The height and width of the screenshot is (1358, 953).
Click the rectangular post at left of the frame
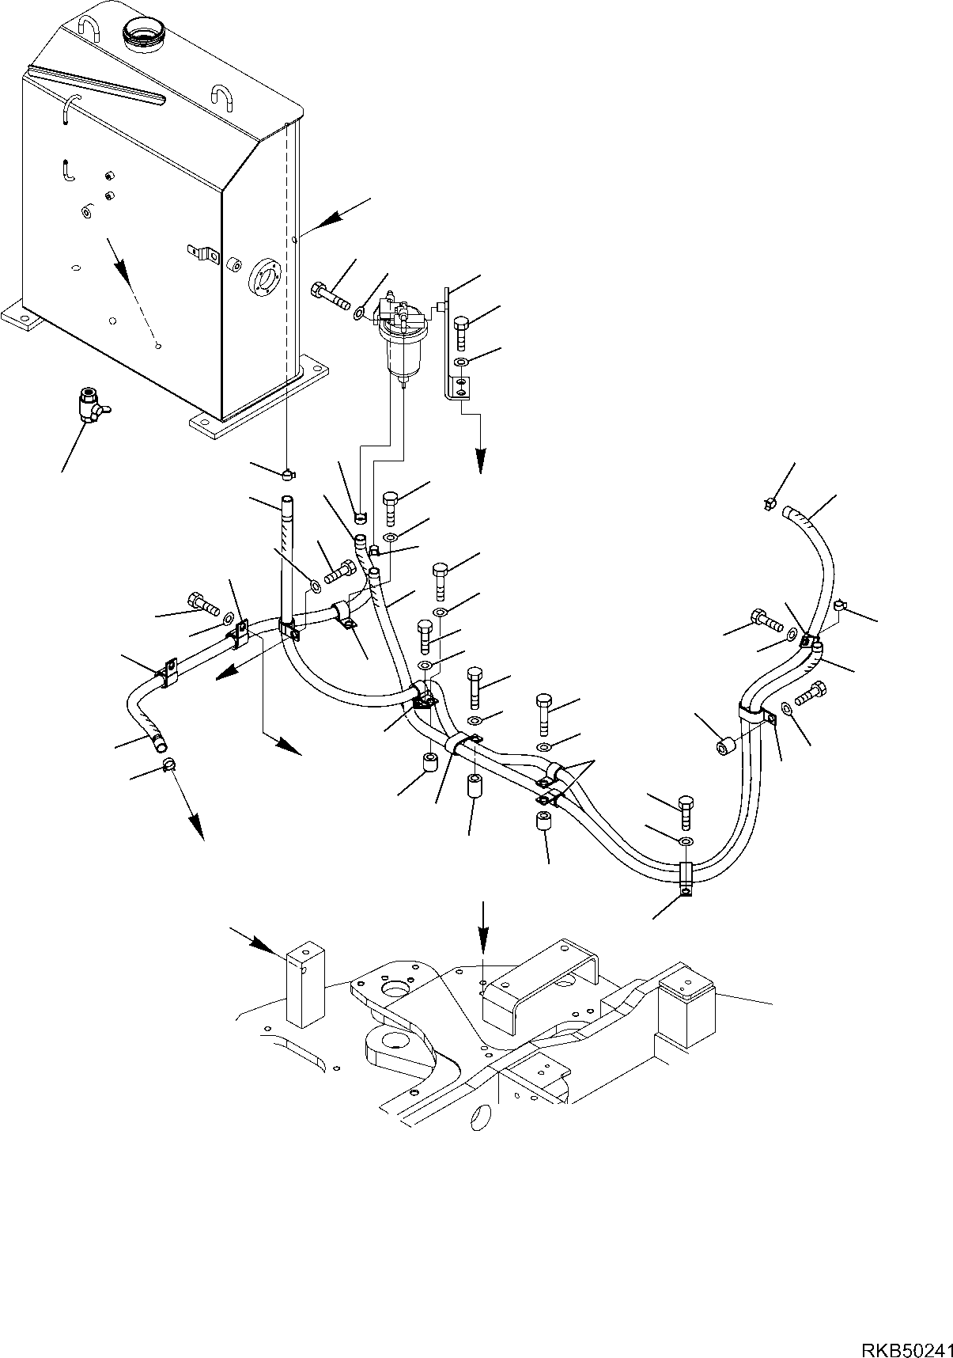tap(305, 984)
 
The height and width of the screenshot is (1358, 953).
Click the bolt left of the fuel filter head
tap(332, 296)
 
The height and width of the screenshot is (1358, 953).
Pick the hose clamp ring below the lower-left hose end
tap(168, 764)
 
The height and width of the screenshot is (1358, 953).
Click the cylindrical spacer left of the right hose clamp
tap(726, 745)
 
